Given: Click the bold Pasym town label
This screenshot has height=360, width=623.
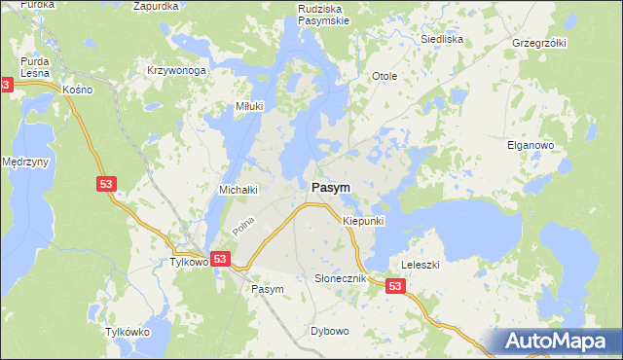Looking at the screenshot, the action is click(331, 186).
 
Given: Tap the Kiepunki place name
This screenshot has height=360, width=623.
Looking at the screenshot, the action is click(364, 222).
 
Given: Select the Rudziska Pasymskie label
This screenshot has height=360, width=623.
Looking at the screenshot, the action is click(323, 14).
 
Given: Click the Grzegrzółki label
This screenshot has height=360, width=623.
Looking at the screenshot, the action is click(539, 44).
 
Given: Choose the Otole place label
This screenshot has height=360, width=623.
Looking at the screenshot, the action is click(385, 76).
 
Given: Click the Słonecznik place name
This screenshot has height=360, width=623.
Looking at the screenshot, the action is click(340, 278).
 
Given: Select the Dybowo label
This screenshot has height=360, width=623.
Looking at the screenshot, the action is click(330, 331).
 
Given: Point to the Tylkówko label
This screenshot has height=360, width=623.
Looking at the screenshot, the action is click(128, 332).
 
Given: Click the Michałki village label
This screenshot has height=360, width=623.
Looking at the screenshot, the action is click(238, 188).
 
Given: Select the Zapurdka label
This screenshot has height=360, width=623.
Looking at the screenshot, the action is click(157, 5).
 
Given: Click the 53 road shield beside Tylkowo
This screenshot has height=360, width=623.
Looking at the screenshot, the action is click(221, 259).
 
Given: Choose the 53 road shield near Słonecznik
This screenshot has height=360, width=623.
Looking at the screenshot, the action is click(394, 286).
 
